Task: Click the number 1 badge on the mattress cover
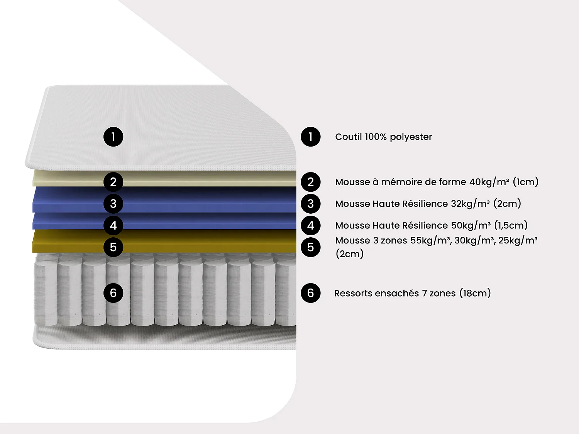[113, 137]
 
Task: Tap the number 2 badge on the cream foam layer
[113, 182]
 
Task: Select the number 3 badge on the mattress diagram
[113, 204]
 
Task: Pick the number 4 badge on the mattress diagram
[113, 225]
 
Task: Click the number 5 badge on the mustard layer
[113, 247]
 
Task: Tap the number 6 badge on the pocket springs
[113, 293]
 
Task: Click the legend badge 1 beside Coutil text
[310, 137]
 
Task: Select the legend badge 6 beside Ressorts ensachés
[310, 293]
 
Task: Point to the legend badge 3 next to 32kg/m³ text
[310, 204]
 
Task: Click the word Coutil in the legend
[349, 137]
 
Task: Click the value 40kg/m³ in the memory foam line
[489, 182]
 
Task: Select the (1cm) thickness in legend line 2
[525, 182]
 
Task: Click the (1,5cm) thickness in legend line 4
[511, 225]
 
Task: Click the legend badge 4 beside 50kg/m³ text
[310, 225]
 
